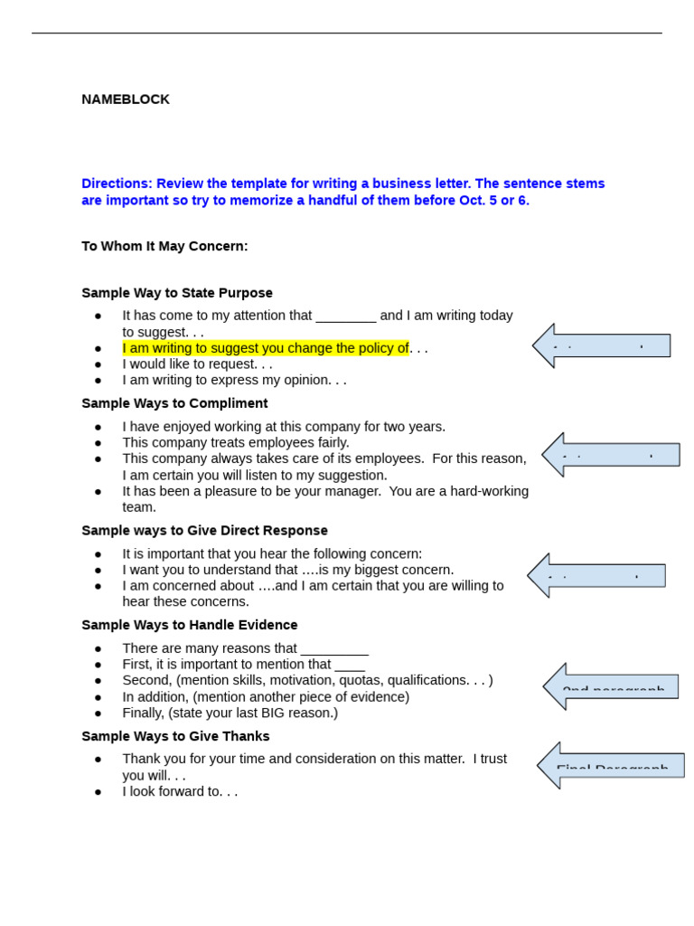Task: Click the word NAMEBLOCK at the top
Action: (126, 99)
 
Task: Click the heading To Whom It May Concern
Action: (164, 246)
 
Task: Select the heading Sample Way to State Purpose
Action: (177, 293)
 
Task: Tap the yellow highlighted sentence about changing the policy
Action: (266, 348)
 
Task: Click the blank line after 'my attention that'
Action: (346, 317)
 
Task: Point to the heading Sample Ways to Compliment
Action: (174, 403)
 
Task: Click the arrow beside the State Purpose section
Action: (601, 345)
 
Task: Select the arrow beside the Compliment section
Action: (610, 455)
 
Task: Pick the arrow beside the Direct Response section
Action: (596, 575)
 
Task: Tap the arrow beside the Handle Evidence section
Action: (611, 686)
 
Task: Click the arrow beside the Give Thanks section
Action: (611, 766)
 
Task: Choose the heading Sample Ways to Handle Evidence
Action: (190, 625)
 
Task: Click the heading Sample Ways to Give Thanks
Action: (175, 736)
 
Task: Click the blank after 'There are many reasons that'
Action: (334, 649)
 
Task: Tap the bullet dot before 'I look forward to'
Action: (98, 792)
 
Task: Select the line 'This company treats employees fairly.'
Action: (236, 443)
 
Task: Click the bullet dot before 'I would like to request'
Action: (98, 364)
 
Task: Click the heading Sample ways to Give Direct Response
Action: (204, 531)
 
